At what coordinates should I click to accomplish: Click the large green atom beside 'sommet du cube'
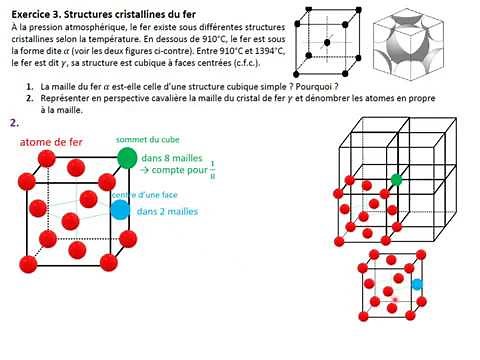click(127, 157)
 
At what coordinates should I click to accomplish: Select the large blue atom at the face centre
click(120, 209)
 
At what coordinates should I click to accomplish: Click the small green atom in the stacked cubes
click(396, 180)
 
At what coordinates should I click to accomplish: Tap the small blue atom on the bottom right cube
click(417, 284)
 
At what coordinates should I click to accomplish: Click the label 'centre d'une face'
click(142, 195)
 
